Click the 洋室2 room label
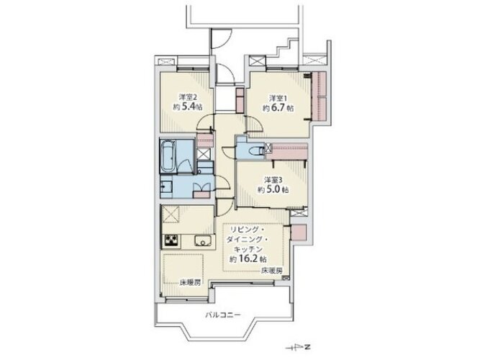pyautogui.click(x=188, y=97)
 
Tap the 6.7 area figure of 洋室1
pyautogui.click(x=279, y=108)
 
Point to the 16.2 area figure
pyautogui.click(x=248, y=259)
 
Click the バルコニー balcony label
pyautogui.click(x=222, y=315)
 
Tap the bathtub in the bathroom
pyautogui.click(x=168, y=156)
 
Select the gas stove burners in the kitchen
pyautogui.click(x=173, y=240)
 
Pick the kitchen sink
pyautogui.click(x=203, y=240)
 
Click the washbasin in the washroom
pyautogui.click(x=166, y=186)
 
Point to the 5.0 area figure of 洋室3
pyautogui.click(x=273, y=189)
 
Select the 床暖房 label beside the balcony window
pyautogui.click(x=190, y=283)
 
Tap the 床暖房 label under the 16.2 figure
pyautogui.click(x=271, y=271)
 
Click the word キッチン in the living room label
pyautogui.click(x=248, y=249)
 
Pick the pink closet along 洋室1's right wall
pyautogui.click(x=319, y=96)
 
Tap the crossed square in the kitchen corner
pyautogui.click(x=171, y=214)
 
